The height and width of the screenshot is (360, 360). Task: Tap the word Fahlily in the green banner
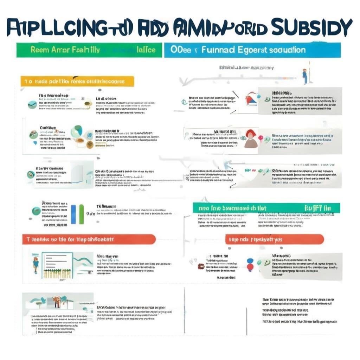pos(85,50)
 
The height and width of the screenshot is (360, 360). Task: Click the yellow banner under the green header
pos(77,81)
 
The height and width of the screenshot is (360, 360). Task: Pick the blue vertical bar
pos(73,214)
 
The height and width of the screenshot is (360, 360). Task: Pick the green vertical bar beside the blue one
pos(82,214)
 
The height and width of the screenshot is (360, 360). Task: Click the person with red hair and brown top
pos(250,139)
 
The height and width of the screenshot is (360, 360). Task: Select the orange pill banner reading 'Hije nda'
pos(274,239)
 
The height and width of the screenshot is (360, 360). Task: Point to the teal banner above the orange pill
pos(266,208)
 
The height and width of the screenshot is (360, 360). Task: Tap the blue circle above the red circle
pos(250,261)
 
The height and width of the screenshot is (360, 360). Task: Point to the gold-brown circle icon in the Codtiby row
pos(90,144)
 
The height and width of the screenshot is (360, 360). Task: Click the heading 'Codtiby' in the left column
pos(48,128)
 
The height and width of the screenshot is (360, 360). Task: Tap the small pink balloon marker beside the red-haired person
pos(261,137)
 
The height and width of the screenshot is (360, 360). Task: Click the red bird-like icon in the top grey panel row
pos(251,99)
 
